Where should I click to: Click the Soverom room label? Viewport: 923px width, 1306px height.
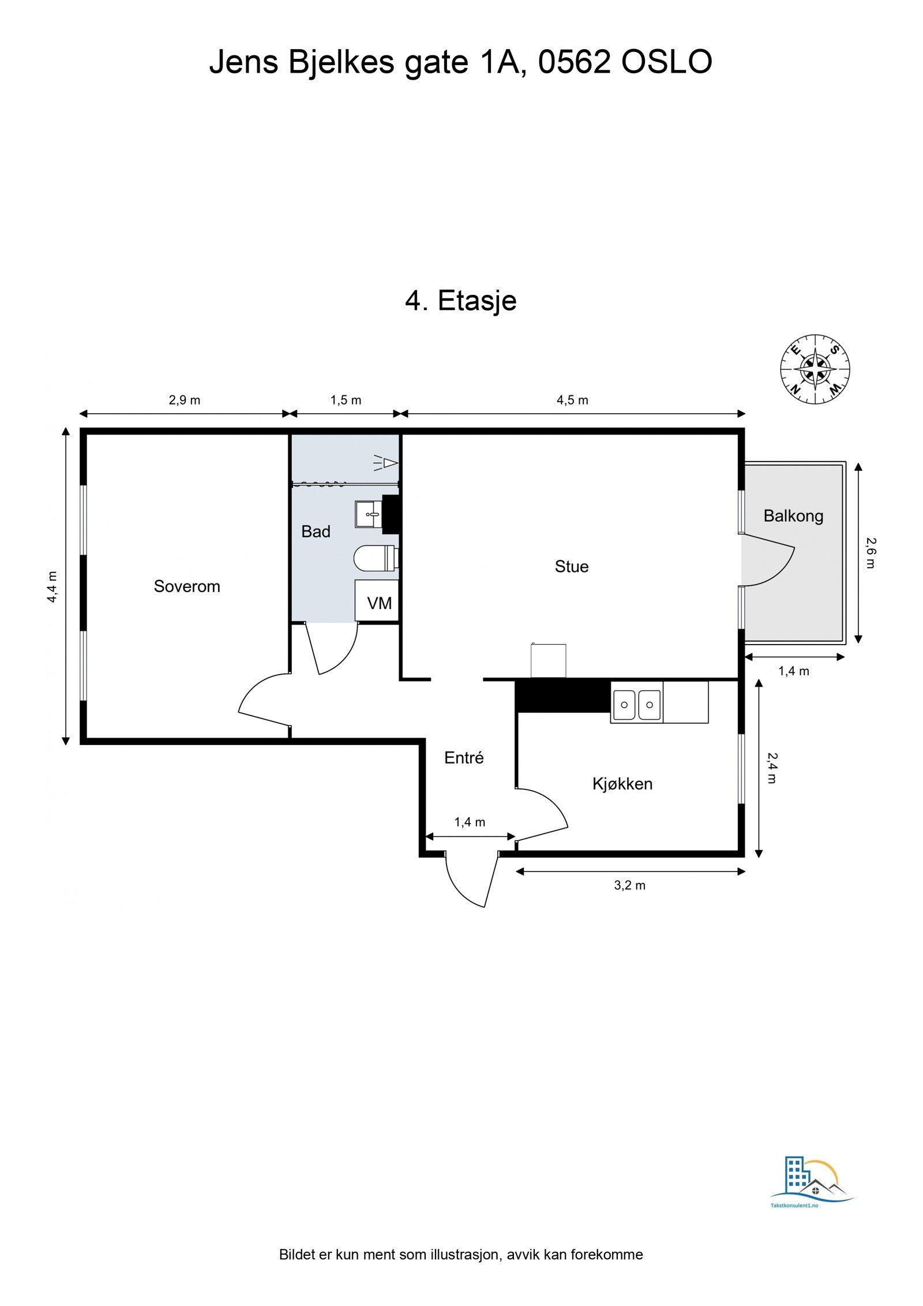187,586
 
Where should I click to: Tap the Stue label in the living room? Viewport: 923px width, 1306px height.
572,567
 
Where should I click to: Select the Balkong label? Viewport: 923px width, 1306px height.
793,516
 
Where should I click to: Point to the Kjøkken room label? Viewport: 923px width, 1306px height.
622,784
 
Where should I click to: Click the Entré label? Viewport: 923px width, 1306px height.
464,758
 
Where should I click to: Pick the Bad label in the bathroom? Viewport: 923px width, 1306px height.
316,532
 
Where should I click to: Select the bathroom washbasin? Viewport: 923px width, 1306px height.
368,514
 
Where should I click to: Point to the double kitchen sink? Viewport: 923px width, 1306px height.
637,705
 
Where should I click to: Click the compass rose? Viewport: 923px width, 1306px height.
815,369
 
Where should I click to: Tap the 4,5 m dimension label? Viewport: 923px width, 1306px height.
572,401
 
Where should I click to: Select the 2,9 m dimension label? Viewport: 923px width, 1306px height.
185,401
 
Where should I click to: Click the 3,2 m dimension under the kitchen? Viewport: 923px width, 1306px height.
629,885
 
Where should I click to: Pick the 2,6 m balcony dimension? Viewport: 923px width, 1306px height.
871,553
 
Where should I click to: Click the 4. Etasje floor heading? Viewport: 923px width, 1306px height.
461,301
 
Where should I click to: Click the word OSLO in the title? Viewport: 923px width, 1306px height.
666,62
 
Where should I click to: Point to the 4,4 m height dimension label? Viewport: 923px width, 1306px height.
52,587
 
